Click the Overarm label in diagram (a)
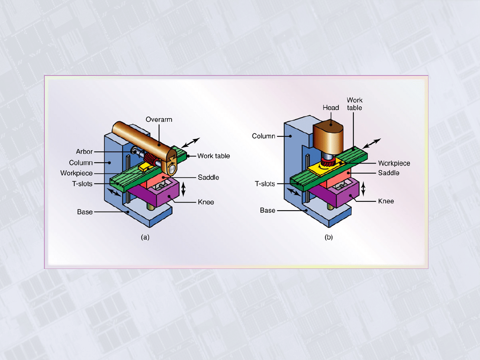click(x=159, y=120)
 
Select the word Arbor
click(x=84, y=152)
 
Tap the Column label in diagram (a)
click(x=80, y=163)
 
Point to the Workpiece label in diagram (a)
click(x=76, y=173)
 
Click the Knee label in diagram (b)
click(x=386, y=201)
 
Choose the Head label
click(x=331, y=108)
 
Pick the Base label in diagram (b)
click(x=268, y=210)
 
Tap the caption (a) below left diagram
click(x=145, y=237)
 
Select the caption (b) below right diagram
click(x=328, y=237)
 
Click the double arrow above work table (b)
click(x=372, y=144)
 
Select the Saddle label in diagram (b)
click(x=388, y=173)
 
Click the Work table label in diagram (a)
click(x=214, y=156)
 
